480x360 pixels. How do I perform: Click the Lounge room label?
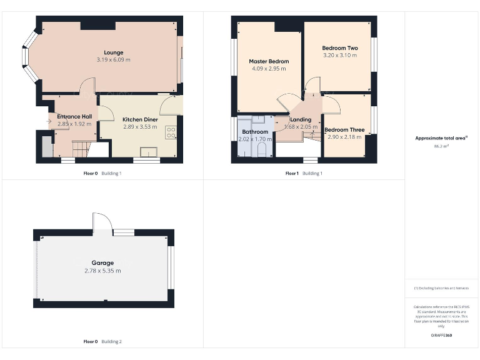pos(113,52)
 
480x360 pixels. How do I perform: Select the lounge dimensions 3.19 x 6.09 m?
pos(113,60)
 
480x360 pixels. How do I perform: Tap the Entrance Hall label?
pos(74,117)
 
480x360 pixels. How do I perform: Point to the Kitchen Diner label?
pos(139,119)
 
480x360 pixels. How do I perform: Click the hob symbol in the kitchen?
pos(171,132)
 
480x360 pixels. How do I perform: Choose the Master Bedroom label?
pos(269,61)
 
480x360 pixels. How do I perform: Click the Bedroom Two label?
pos(339,48)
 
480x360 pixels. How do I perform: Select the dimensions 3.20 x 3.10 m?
pos(339,56)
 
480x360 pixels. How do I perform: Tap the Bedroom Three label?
pos(344,129)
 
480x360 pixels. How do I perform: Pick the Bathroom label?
pos(255,132)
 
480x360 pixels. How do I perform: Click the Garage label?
pos(102,263)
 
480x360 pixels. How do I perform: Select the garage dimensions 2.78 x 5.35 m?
pos(102,271)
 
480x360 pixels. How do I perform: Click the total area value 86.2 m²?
pos(442,146)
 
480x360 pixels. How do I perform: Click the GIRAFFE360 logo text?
pos(441,336)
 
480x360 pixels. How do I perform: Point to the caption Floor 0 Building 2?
pos(102,342)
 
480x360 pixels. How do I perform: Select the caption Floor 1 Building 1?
pos(304,173)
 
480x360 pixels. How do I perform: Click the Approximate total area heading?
pos(441,138)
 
